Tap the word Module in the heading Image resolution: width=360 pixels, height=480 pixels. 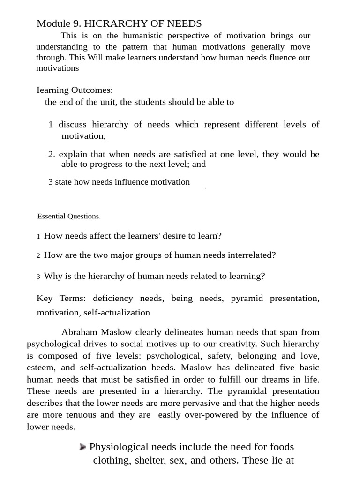[52, 23]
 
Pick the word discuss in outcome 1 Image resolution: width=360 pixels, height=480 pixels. [73, 124]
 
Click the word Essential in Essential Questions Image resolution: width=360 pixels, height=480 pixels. [52, 217]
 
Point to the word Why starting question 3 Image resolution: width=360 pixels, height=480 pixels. [52, 276]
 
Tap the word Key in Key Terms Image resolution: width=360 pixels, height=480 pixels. [44, 298]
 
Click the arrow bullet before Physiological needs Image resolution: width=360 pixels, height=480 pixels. [82, 447]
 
